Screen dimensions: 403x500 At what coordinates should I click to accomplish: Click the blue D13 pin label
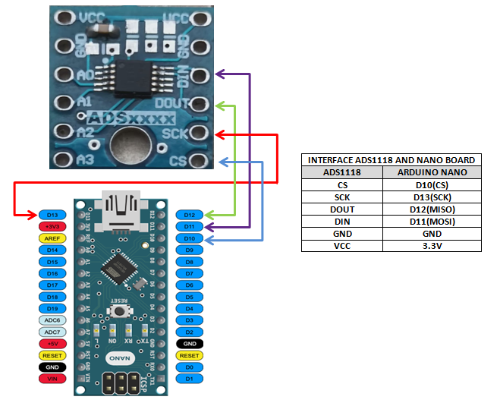[x=52, y=215]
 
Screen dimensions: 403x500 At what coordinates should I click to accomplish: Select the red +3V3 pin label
[x=52, y=226]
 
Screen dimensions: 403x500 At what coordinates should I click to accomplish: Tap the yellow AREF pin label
[x=52, y=238]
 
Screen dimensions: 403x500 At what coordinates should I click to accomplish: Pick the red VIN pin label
[x=52, y=378]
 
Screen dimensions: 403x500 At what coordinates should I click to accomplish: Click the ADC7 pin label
[x=52, y=332]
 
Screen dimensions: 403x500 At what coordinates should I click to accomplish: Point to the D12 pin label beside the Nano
[x=190, y=215]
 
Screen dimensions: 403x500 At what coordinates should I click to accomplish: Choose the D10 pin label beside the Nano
[x=190, y=238]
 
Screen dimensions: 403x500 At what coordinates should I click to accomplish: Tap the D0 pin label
[x=190, y=367]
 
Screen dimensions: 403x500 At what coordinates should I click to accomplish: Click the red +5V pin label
[x=52, y=344]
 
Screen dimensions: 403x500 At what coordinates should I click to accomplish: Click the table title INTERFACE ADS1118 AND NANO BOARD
[x=392, y=160]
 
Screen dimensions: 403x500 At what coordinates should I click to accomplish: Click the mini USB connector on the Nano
[x=121, y=209]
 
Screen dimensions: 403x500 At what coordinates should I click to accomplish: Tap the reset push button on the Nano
[x=119, y=311]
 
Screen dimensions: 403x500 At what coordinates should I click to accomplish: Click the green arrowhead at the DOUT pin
[x=221, y=103]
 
